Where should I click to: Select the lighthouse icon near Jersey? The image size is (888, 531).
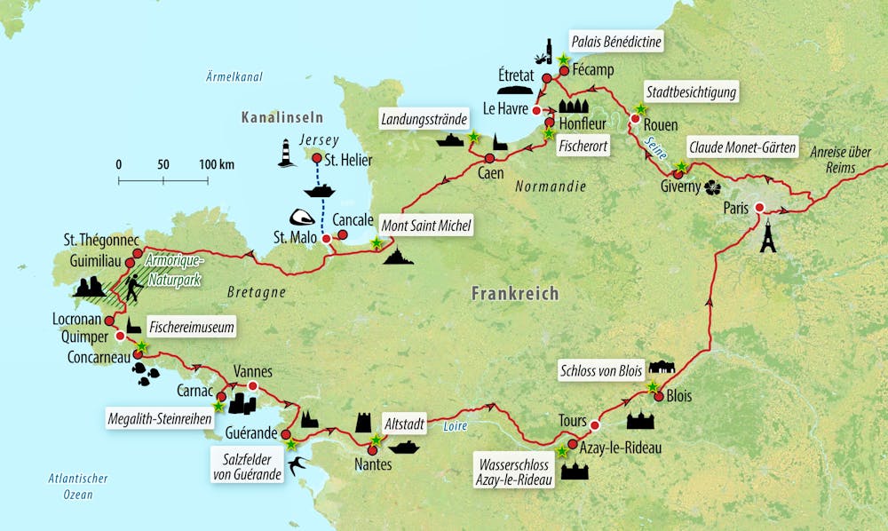[286, 153]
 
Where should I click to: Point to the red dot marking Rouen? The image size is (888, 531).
[635, 118]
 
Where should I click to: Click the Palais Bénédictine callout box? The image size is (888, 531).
[618, 41]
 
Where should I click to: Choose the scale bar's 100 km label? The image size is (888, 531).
[216, 164]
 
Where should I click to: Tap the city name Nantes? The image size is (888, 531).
[372, 464]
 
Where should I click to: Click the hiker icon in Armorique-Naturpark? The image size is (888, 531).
[133, 287]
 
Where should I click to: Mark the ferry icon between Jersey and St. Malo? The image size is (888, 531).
[318, 191]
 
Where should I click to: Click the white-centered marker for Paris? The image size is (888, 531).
[758, 208]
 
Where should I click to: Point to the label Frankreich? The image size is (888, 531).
[515, 293]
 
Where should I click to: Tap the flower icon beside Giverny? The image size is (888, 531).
[711, 187]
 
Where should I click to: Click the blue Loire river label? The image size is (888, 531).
[453, 426]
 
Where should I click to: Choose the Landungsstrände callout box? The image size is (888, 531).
[424, 119]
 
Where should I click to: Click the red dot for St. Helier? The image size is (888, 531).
[315, 158]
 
